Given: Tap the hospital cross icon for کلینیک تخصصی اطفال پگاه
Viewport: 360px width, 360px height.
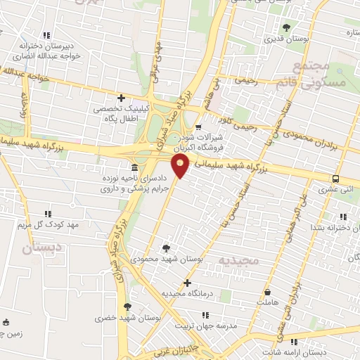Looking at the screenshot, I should [x=121, y=98].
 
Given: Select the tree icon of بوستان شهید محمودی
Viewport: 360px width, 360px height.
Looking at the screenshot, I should [x=166, y=247].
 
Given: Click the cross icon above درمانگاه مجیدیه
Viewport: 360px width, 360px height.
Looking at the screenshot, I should [x=186, y=282].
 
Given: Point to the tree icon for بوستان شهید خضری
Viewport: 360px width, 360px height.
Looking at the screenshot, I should [x=127, y=307].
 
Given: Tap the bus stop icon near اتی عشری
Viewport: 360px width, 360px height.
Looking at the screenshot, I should [x=335, y=178].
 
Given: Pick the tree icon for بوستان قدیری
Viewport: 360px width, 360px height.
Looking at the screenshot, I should [x=286, y=28].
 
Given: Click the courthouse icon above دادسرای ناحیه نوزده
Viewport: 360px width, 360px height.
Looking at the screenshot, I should [x=134, y=167].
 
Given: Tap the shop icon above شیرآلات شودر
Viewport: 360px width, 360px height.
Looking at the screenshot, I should [x=199, y=127].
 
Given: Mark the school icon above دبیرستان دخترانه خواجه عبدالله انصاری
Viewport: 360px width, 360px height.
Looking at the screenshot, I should [x=46, y=34].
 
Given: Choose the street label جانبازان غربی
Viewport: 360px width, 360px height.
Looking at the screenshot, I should [x=182, y=349].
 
